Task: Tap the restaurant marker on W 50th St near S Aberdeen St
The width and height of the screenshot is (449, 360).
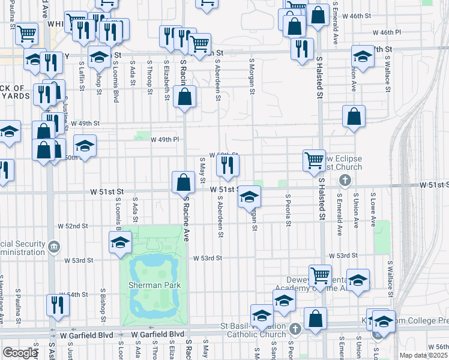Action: tap(228, 165)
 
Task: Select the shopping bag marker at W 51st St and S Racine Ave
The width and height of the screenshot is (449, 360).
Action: tap(182, 182)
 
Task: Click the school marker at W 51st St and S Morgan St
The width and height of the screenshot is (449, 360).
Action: tap(249, 196)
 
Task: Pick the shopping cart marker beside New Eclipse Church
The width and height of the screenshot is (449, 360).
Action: tap(314, 160)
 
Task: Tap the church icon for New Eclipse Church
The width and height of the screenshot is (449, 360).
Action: tap(345, 180)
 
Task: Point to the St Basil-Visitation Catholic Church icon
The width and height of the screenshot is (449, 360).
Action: tap(295, 328)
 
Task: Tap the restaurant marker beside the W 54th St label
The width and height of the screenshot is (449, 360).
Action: tap(58, 305)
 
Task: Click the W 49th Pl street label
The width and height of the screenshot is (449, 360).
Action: tap(164, 139)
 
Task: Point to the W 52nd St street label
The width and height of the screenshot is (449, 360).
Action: tap(73, 226)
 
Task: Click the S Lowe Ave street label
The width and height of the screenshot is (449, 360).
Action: tap(373, 209)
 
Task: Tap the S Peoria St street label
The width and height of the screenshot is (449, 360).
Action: tap(288, 210)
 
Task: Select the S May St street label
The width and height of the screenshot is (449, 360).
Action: tap(203, 171)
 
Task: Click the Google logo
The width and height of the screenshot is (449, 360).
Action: tap(20, 353)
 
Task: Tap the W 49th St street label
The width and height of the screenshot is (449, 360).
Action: tap(85, 123)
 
